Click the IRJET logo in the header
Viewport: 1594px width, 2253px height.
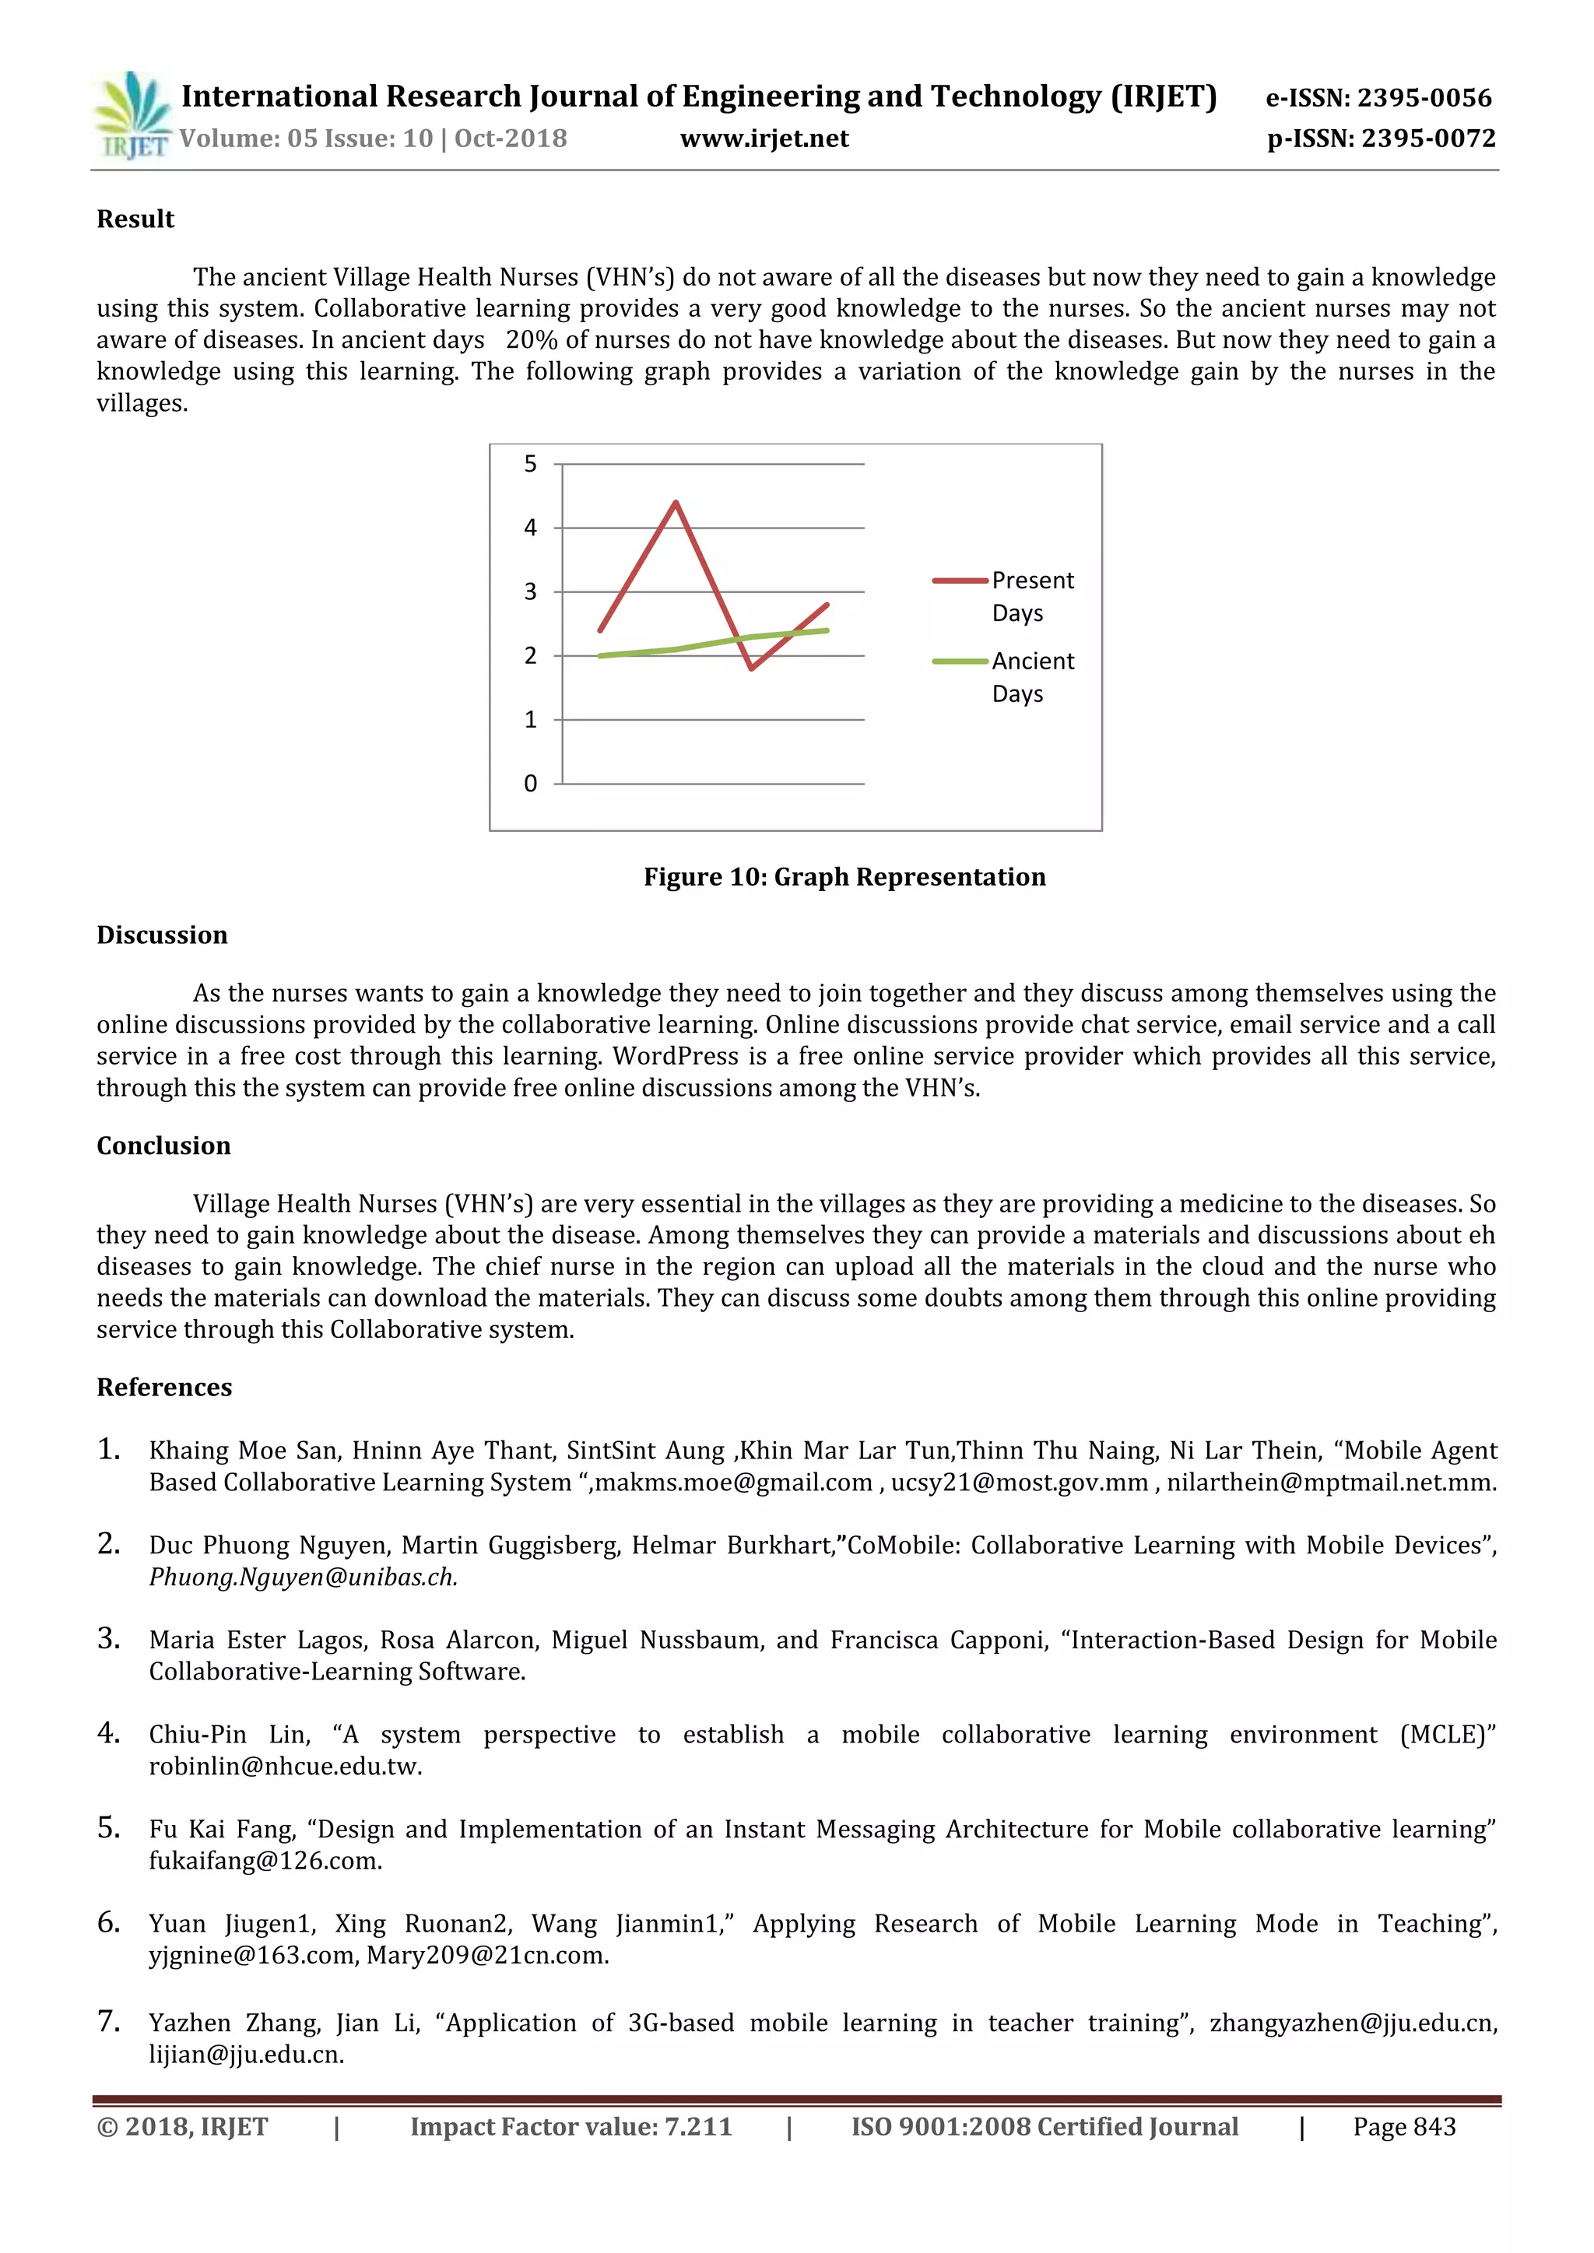132,116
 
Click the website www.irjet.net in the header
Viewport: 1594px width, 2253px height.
764,139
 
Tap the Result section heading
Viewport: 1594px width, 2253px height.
135,219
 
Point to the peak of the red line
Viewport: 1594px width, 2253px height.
676,503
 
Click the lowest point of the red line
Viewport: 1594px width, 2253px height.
751,669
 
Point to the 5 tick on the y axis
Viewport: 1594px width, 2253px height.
530,464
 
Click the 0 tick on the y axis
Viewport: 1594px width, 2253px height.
530,783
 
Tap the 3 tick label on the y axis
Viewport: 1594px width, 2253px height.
530,591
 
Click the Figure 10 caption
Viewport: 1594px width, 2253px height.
844,876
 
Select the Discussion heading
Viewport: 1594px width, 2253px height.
162,935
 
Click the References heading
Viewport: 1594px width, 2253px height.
164,1387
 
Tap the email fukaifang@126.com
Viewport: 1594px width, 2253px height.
265,1861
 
